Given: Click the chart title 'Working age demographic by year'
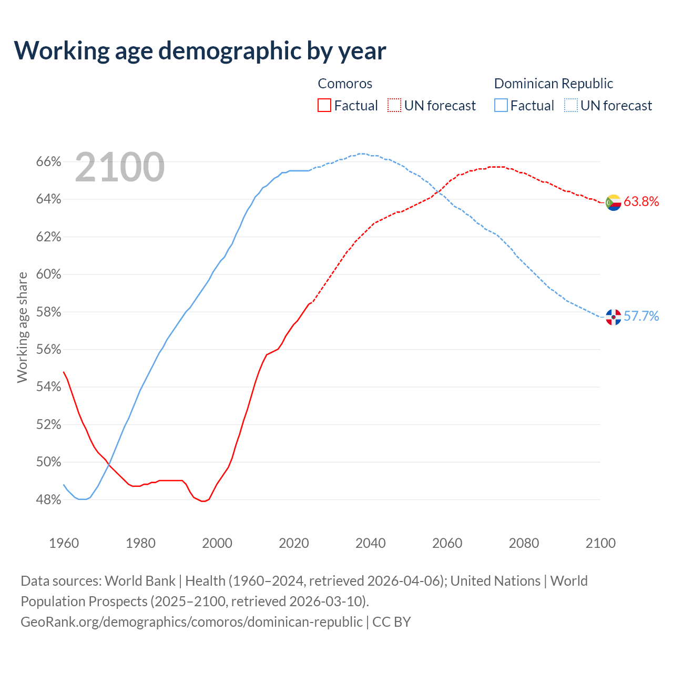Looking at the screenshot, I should click(x=200, y=50).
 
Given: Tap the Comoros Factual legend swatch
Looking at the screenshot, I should click(x=324, y=106).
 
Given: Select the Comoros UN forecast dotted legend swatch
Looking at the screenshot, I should click(x=394, y=106).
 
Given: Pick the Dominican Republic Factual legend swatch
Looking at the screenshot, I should click(x=501, y=106).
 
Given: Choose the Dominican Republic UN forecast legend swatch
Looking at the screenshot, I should click(x=571, y=106).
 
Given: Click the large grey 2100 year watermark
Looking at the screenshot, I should click(x=120, y=167).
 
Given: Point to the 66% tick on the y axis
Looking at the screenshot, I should click(x=48, y=162).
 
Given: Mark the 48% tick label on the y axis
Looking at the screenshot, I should click(x=48, y=500).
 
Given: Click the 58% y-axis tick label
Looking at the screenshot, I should click(x=48, y=312).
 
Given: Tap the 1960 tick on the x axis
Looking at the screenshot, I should click(x=64, y=543).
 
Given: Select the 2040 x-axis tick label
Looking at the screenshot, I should click(x=371, y=543).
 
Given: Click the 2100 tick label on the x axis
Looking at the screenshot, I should click(x=600, y=543).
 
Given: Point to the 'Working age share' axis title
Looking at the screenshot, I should click(x=22, y=327).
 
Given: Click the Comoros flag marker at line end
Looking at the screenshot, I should click(x=613, y=202).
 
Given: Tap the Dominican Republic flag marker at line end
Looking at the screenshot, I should click(x=613, y=317).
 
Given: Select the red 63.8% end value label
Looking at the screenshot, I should click(x=641, y=201).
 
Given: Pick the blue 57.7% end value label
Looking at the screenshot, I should click(x=641, y=316).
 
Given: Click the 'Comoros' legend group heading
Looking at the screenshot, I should click(x=345, y=84).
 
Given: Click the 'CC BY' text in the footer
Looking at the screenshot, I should click(x=391, y=622).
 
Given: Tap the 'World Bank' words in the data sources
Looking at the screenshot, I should click(x=140, y=581).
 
